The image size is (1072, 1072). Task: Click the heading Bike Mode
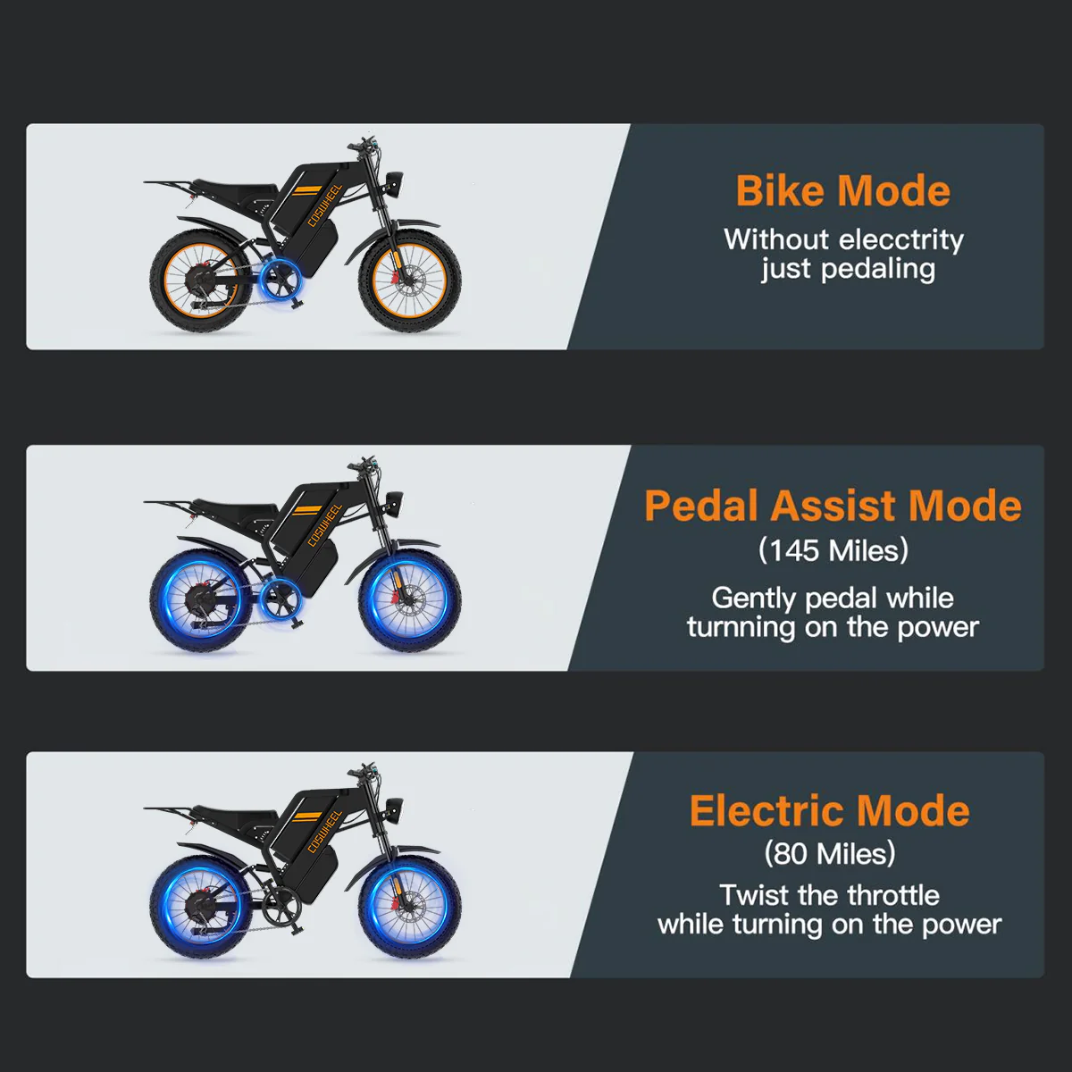(842, 191)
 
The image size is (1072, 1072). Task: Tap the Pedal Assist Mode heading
(833, 506)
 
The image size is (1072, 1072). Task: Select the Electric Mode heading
(829, 810)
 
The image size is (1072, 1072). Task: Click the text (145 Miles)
(833, 551)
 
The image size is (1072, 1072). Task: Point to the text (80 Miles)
(829, 853)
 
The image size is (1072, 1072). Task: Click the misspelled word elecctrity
(901, 240)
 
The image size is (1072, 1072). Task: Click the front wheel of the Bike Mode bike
(410, 281)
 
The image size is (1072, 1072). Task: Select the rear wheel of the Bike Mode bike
(201, 281)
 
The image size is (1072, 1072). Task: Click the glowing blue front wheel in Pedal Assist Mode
(410, 602)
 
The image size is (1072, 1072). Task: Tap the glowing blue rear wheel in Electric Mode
(201, 909)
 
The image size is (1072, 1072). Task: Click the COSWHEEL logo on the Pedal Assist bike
(324, 524)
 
